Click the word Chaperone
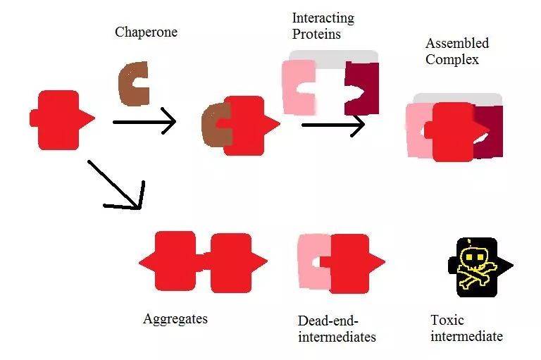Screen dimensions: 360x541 click(146, 32)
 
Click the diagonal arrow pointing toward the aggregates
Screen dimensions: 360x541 click(117, 186)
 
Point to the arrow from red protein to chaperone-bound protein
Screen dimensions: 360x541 click(144, 123)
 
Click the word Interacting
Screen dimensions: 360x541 click(323, 18)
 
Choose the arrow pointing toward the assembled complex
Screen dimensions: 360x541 click(332, 125)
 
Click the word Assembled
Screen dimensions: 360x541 click(457, 44)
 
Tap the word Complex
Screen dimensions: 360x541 click(452, 60)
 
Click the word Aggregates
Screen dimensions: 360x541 click(175, 319)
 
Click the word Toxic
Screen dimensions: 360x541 click(447, 321)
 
